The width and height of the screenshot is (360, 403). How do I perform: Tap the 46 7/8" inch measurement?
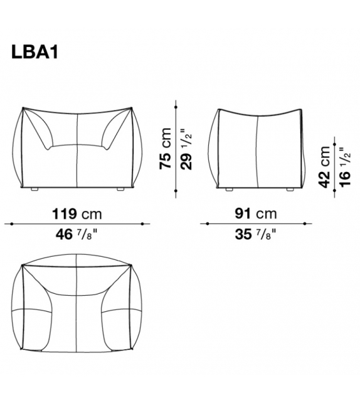pyautogui.click(x=76, y=236)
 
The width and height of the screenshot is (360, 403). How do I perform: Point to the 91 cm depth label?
pyautogui.click(x=255, y=213)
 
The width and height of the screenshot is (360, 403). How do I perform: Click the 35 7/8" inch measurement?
pyautogui.click(x=255, y=236)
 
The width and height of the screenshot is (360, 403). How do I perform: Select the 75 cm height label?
pyautogui.click(x=165, y=148)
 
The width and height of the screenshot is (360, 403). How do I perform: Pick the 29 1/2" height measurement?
pyautogui.click(x=185, y=148)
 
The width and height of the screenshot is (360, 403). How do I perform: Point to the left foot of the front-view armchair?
pyautogui.click(x=33, y=188)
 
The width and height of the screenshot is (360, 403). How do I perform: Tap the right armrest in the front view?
pyautogui.click(x=117, y=132)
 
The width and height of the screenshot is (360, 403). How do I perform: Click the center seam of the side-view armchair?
pyautogui.click(x=258, y=151)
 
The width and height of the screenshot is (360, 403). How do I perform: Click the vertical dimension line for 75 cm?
pyautogui.click(x=175, y=148)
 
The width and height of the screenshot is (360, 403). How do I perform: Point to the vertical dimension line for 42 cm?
pyautogui.click(x=335, y=164)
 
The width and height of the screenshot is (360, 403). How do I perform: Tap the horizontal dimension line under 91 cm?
pyautogui.click(x=255, y=223)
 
